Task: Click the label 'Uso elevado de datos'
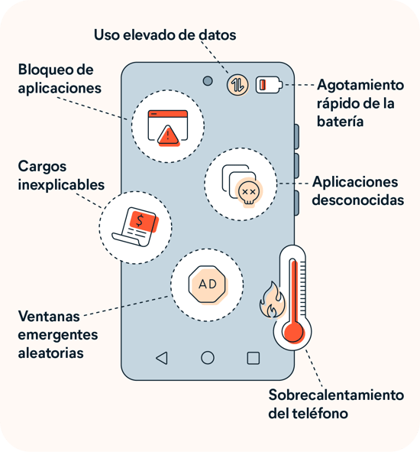(x=165, y=35)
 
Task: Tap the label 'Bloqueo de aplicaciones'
(x=60, y=79)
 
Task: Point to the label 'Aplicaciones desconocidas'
(x=355, y=191)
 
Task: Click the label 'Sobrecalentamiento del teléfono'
(x=336, y=405)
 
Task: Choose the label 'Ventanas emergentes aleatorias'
(x=58, y=334)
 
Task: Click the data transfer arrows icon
(x=237, y=84)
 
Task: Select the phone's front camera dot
(x=208, y=81)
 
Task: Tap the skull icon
(x=247, y=191)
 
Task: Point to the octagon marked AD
(x=207, y=285)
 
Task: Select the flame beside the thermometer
(x=271, y=301)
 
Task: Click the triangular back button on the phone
(x=161, y=357)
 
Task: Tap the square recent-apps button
(x=254, y=357)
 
